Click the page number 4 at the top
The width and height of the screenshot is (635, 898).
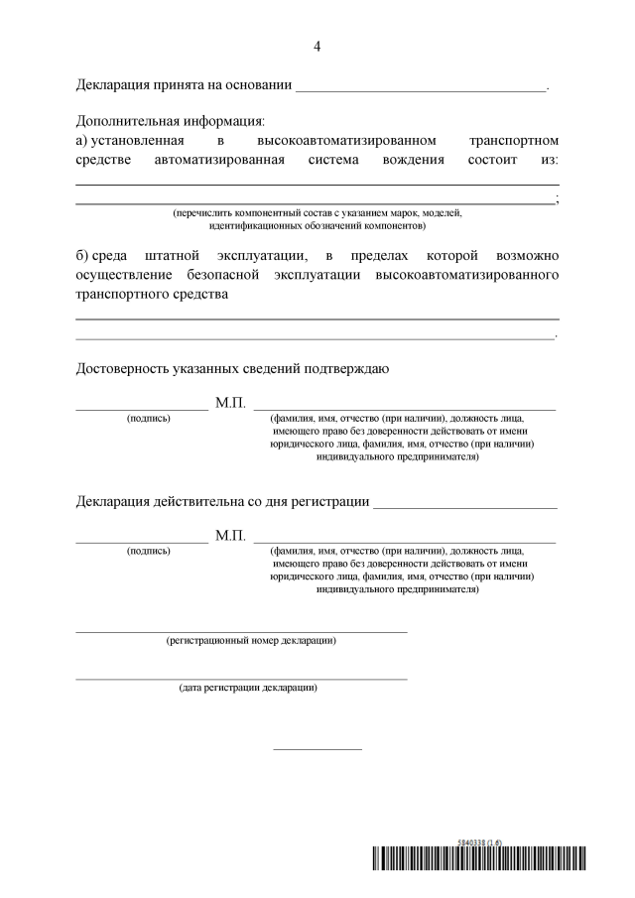pos(317,47)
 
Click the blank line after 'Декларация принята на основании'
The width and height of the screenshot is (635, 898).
pos(421,90)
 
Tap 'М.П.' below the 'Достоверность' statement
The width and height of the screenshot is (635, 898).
pos(230,404)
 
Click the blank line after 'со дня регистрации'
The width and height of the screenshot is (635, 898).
pos(464,502)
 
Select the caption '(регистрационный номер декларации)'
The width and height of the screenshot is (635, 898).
pos(250,640)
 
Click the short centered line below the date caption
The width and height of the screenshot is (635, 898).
pos(317,748)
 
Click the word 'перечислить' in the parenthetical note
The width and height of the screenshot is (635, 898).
pos(201,212)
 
